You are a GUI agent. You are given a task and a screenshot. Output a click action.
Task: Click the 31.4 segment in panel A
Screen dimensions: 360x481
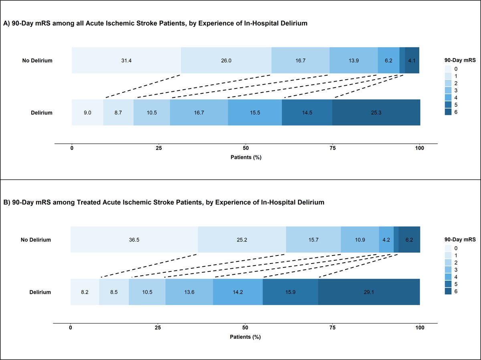click(126, 60)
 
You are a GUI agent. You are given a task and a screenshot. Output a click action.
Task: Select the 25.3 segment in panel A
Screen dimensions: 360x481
click(376, 113)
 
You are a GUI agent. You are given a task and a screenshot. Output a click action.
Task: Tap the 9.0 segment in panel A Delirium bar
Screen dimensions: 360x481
click(87, 113)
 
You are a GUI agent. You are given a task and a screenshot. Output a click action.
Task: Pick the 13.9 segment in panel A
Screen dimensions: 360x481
click(354, 60)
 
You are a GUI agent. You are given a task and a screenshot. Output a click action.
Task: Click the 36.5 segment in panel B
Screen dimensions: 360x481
click(134, 239)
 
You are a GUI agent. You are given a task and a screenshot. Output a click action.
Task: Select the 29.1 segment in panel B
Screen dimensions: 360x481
click(369, 292)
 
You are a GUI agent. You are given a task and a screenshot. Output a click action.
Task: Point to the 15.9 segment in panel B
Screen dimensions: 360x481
click(290, 292)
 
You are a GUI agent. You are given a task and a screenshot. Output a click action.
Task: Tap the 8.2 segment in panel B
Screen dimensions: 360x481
click(85, 292)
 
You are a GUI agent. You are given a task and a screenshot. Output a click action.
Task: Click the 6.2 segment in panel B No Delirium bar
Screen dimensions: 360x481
click(409, 239)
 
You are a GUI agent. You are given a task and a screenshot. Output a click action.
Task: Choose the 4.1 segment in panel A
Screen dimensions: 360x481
click(412, 60)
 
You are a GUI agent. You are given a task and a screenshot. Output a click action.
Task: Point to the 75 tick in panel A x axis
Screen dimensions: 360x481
click(333, 148)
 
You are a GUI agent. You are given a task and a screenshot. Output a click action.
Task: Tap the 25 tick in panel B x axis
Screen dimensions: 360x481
click(158, 328)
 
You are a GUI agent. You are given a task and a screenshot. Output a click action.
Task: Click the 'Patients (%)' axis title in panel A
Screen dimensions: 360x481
click(245, 157)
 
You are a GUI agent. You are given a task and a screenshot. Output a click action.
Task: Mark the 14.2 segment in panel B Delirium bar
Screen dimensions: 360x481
click(238, 292)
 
